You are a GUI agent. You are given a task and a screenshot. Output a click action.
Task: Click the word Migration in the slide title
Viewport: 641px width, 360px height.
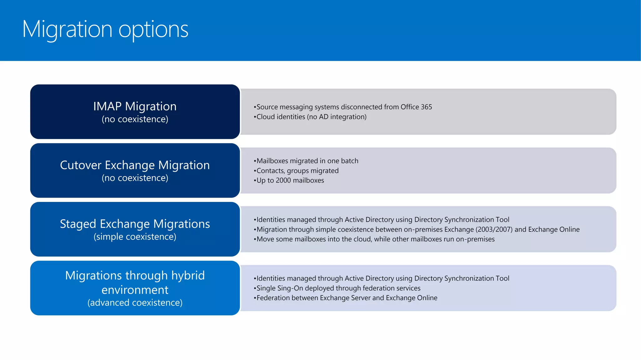[x=67, y=29]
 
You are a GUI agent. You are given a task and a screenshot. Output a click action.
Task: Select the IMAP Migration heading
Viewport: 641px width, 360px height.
[x=135, y=106]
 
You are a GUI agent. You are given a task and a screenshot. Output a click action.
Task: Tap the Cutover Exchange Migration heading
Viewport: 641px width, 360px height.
[x=135, y=165]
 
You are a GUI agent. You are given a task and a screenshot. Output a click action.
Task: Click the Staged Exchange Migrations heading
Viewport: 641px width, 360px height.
[x=135, y=224]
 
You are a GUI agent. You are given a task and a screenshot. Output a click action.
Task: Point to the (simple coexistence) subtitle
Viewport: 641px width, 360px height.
[x=135, y=237]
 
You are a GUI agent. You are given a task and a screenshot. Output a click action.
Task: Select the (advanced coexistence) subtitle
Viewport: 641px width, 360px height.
[x=135, y=302]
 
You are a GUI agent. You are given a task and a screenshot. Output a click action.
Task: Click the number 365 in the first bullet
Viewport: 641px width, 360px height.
[x=426, y=107]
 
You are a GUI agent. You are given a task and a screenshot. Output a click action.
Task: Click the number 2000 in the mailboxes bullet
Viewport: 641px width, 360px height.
[x=283, y=180]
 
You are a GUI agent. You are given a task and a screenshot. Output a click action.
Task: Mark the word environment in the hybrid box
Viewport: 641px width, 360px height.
[x=135, y=290]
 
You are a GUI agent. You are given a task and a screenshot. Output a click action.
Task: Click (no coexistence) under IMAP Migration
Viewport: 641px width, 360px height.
[x=135, y=119]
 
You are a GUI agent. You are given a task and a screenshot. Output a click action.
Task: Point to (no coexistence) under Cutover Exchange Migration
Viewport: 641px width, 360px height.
[x=135, y=178]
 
